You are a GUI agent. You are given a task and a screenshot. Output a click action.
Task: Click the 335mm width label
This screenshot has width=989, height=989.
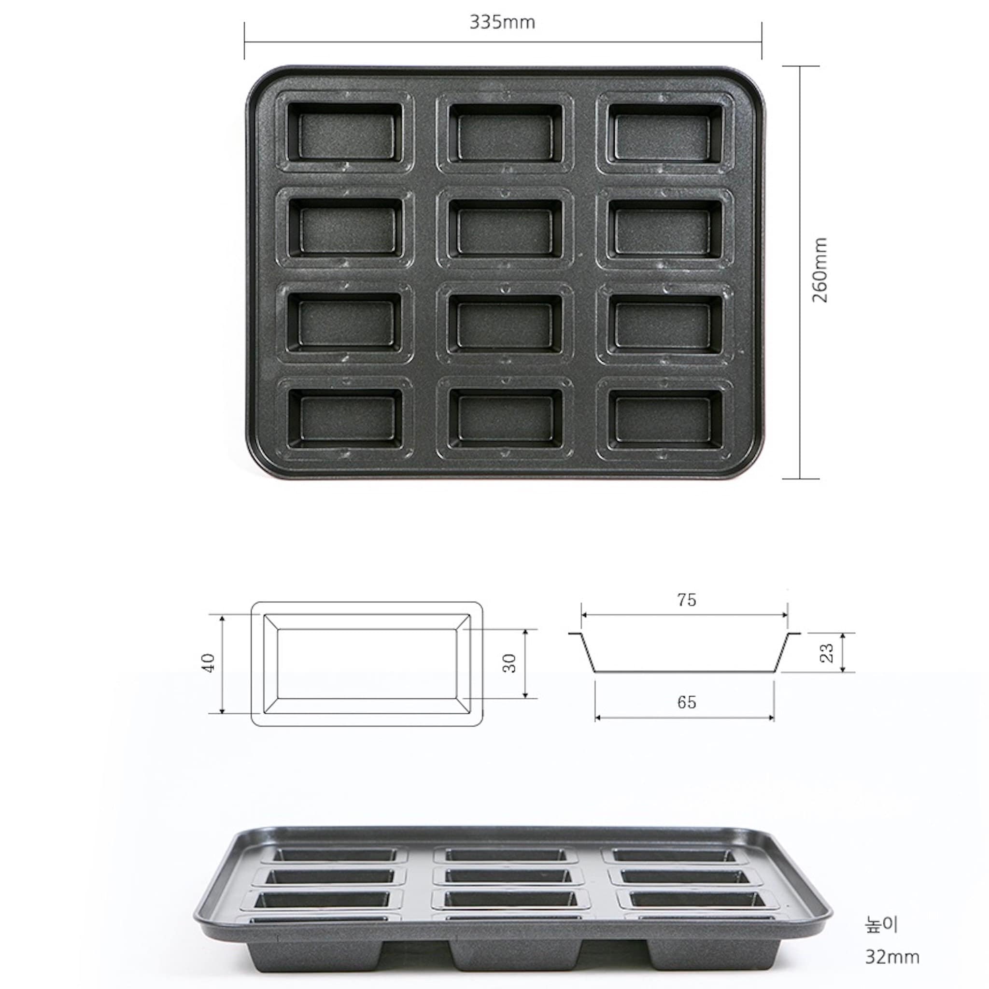click(502, 23)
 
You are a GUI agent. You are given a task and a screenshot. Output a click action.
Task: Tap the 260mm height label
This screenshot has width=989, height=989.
click(819, 270)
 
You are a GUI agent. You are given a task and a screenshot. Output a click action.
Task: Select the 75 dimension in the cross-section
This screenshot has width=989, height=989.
click(687, 600)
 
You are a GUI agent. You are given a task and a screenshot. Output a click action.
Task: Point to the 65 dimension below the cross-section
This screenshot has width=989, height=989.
click(687, 702)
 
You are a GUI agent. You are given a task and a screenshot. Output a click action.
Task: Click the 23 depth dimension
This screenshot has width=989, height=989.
click(827, 653)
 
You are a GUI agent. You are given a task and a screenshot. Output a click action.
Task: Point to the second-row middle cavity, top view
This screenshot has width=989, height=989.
click(505, 228)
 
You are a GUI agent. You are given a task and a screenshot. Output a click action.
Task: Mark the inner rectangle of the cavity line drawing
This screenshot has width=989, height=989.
click(367, 663)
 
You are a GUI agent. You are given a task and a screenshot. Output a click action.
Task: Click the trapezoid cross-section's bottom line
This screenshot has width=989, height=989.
click(684, 671)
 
